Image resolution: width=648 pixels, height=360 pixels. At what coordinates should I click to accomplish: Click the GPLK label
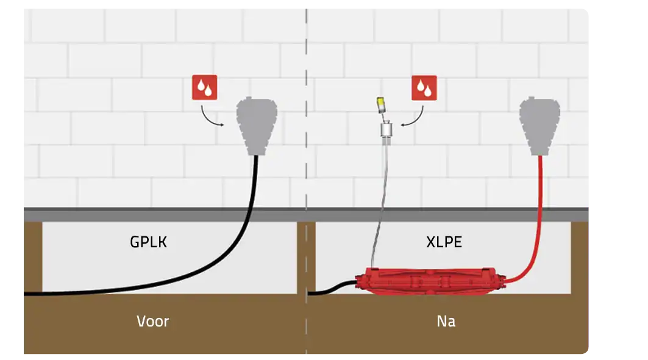[149, 242]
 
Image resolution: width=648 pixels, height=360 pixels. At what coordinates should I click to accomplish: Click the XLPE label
[444, 242]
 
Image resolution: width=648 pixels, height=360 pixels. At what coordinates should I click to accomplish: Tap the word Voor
[152, 321]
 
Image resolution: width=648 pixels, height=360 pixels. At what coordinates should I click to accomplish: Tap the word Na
[446, 321]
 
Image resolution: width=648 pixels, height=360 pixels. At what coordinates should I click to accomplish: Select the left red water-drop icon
[204, 88]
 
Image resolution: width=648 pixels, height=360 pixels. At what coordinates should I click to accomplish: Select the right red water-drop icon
[424, 88]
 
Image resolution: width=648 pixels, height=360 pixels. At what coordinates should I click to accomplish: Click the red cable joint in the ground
[432, 281]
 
